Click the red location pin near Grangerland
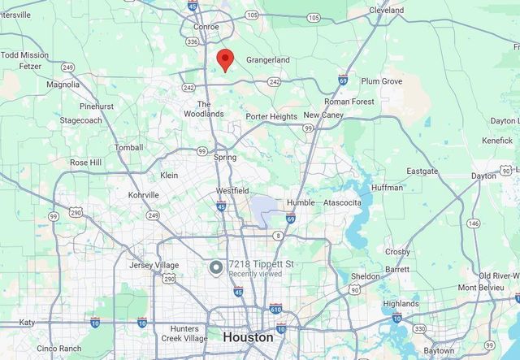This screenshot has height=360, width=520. [x=225, y=59]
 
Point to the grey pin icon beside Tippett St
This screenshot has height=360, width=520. [x=216, y=267]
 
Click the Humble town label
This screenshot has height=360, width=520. [x=300, y=202]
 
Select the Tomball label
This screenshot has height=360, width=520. [x=128, y=148]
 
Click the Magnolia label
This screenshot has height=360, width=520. [x=63, y=84]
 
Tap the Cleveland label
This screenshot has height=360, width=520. [x=386, y=11]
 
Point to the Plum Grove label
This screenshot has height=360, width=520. [x=381, y=81]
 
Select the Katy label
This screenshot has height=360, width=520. [x=27, y=322]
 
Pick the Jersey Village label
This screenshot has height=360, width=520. [x=154, y=265]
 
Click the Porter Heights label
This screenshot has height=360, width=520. [x=271, y=117]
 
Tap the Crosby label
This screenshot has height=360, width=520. [x=397, y=252]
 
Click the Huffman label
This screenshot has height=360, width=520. [x=387, y=188]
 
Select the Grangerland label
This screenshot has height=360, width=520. [x=268, y=60]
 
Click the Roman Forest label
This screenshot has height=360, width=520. [x=349, y=102]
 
